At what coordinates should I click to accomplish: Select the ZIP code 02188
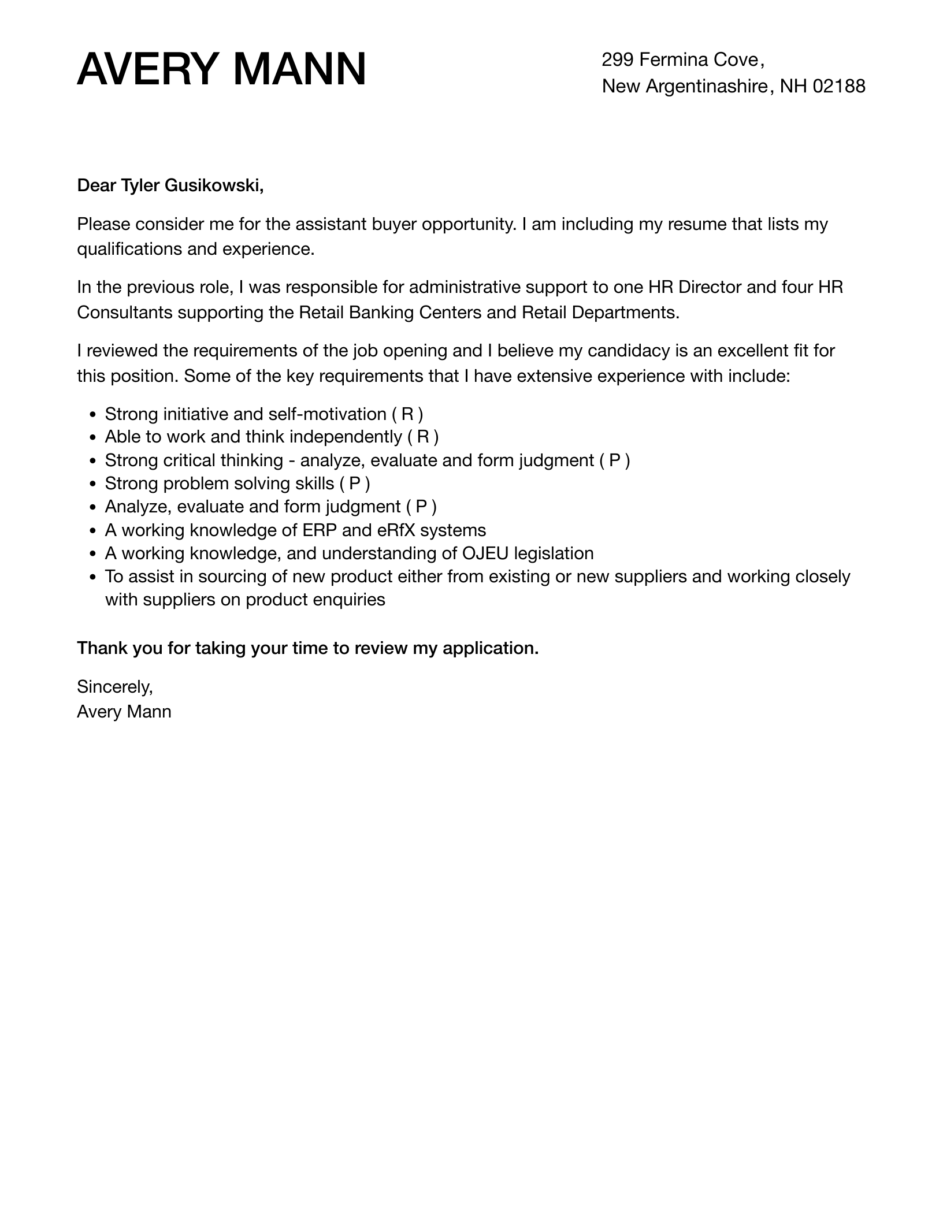click(839, 86)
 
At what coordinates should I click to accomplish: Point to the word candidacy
click(627, 351)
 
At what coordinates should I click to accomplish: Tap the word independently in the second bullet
click(345, 437)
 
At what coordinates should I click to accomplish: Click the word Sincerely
click(114, 686)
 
